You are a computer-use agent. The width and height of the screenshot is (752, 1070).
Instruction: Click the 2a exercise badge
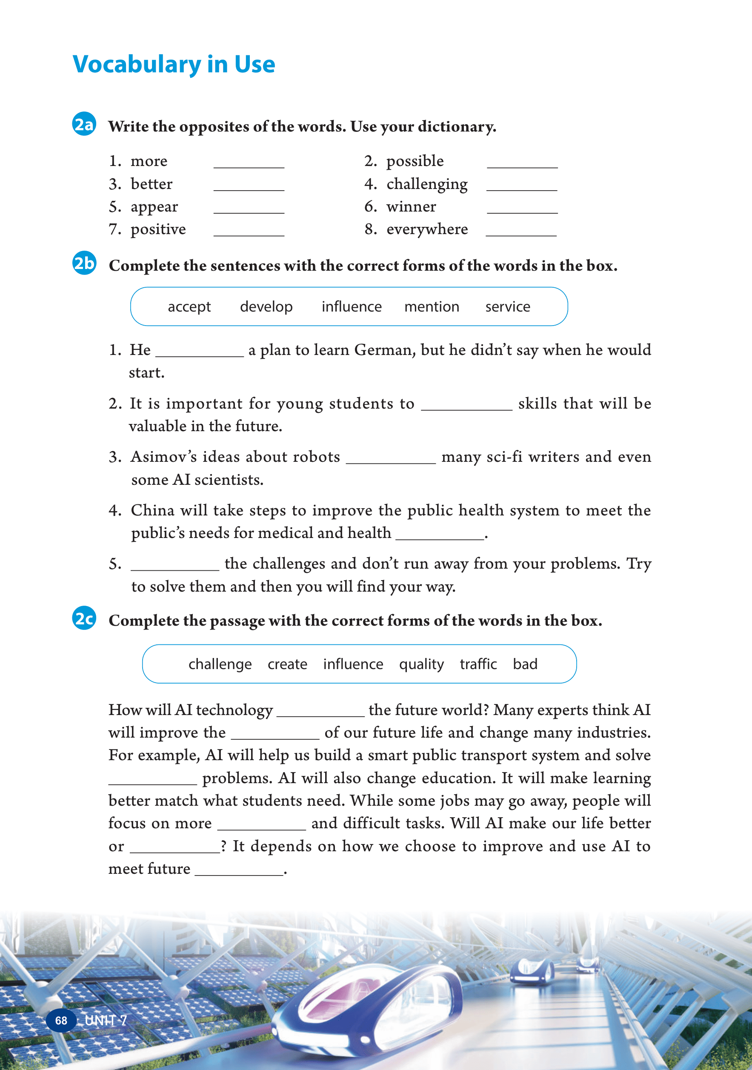84,124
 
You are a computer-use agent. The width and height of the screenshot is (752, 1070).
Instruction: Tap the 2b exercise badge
84,263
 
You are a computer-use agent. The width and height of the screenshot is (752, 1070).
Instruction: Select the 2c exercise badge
84,618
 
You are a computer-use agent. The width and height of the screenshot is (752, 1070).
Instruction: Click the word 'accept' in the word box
189,306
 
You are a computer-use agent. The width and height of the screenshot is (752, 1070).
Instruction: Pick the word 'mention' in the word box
432,306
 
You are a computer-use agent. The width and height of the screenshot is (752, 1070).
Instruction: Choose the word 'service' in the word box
507,306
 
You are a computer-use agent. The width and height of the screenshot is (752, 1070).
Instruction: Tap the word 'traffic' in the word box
478,664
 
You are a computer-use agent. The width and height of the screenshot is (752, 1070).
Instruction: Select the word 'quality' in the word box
421,664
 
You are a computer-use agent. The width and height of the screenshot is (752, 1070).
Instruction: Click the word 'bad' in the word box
525,664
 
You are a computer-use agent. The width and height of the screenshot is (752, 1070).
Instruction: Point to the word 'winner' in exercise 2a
411,206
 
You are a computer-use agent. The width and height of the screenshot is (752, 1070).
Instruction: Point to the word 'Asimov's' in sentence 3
163,457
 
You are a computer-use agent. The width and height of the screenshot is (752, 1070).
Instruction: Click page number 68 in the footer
61,1021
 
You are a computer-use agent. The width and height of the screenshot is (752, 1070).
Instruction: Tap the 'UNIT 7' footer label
106,1021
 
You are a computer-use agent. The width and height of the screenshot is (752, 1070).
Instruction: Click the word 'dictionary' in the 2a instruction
456,127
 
